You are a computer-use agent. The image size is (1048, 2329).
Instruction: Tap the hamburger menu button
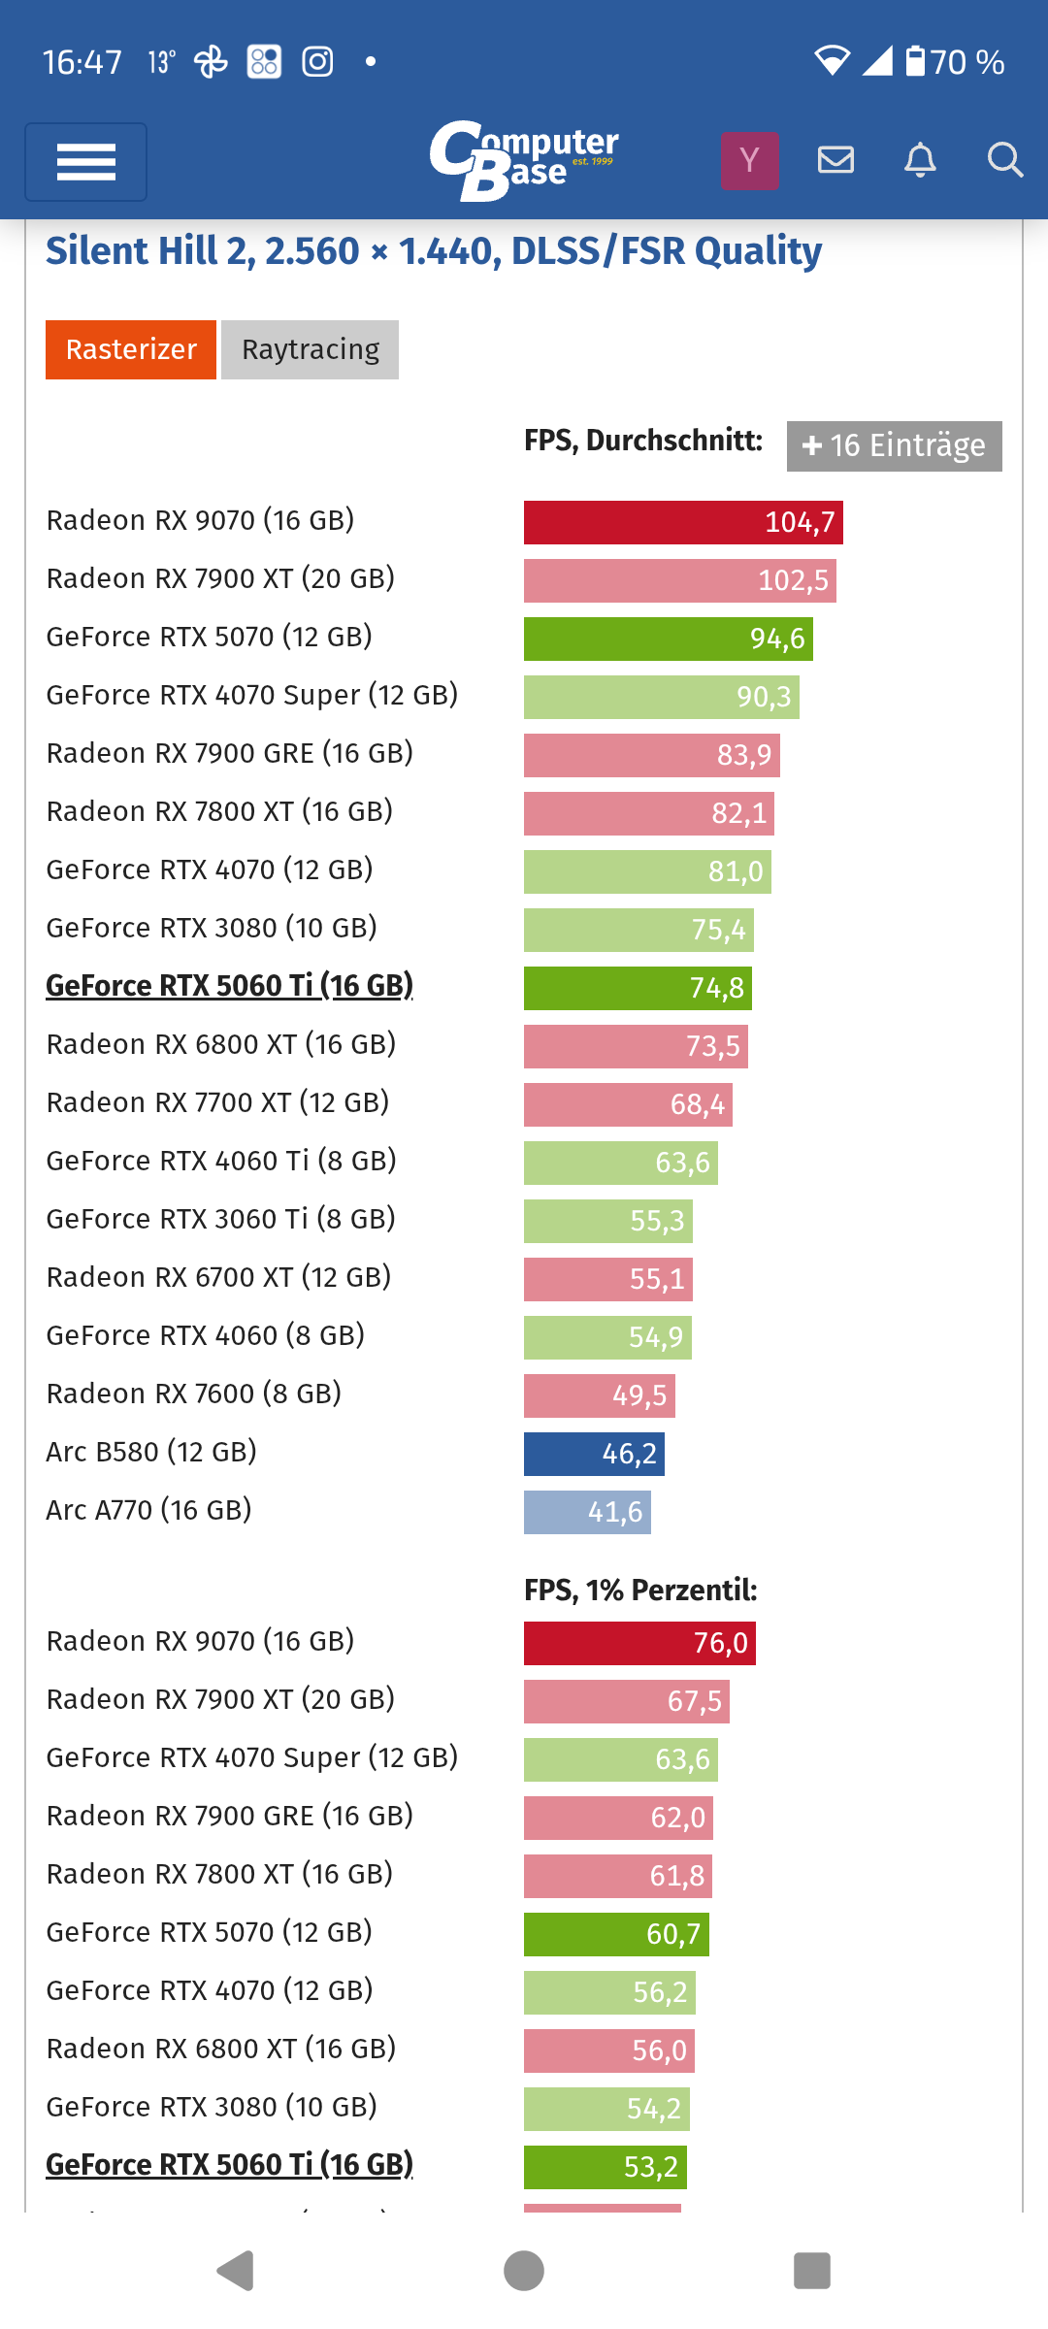pos(85,162)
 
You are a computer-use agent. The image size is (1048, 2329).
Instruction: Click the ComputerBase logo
pos(523,160)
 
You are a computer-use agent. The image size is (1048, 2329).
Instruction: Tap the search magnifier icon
pos(1004,160)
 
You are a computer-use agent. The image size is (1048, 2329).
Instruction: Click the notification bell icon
pos(920,160)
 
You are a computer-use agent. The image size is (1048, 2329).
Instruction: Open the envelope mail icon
pos(835,160)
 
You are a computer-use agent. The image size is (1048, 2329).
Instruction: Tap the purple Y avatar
pos(749,160)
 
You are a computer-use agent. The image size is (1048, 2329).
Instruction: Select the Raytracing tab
pos(310,349)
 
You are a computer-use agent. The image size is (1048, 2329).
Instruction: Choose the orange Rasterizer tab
pos(131,349)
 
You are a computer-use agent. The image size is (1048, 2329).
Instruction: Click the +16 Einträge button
pos(894,445)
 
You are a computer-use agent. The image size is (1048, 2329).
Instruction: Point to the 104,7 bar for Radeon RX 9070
pos(683,522)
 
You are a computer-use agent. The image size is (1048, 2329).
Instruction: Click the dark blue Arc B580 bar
pos(594,1454)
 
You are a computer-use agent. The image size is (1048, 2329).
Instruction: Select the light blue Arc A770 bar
pos(587,1512)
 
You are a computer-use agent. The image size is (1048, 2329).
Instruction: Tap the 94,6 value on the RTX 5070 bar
pos(777,639)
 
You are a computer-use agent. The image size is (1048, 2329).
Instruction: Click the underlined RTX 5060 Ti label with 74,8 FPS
pos(229,986)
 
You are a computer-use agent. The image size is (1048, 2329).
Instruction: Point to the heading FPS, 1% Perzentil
pos(640,1590)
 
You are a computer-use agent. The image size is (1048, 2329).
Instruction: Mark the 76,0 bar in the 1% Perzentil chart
pos(639,1643)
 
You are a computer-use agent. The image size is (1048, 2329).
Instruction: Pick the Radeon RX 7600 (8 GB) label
pos(194,1394)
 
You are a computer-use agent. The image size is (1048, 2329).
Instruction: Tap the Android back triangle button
pos(236,2271)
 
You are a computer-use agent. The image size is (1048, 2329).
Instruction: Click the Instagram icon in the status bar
pos(317,62)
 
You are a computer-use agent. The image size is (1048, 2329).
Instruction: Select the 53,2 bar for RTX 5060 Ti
pos(605,2167)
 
